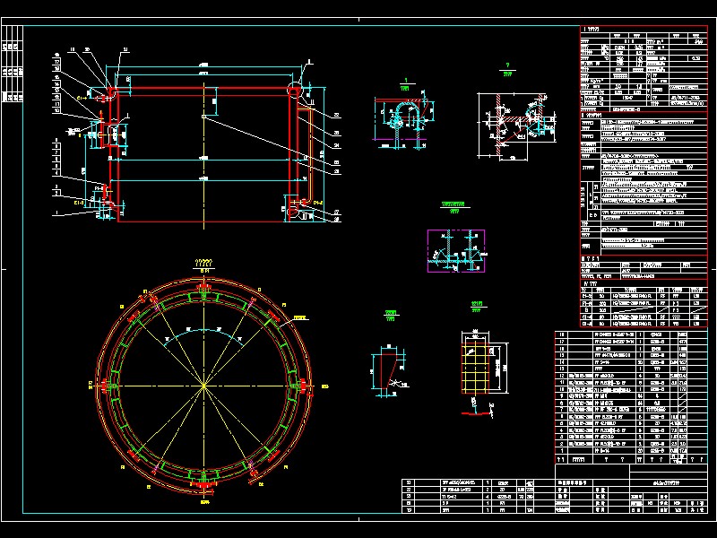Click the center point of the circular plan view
click(205, 386)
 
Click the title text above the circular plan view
click(204, 262)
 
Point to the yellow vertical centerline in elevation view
click(205, 143)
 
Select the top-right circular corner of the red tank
click(296, 90)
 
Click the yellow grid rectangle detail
click(474, 367)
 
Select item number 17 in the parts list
click(564, 342)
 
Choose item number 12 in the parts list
click(564, 375)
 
